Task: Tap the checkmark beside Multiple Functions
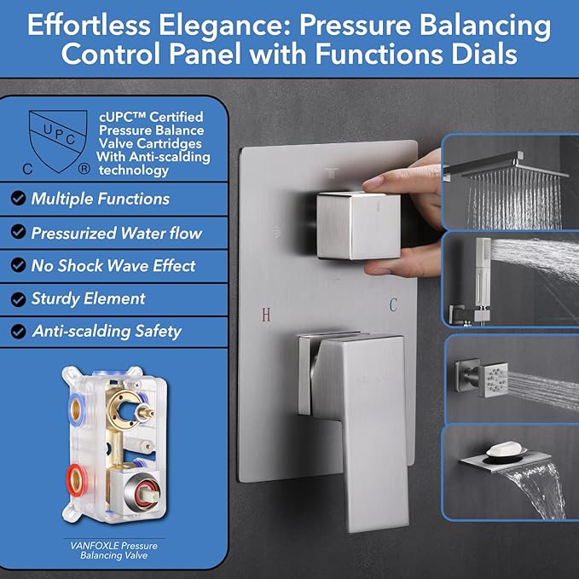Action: click(18, 200)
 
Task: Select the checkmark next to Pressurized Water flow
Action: click(18, 233)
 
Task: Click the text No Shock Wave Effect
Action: click(113, 265)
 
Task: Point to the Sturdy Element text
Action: click(89, 298)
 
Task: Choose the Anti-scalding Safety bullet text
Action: click(107, 332)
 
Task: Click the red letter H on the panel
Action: click(265, 315)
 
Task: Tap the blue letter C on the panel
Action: click(393, 304)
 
